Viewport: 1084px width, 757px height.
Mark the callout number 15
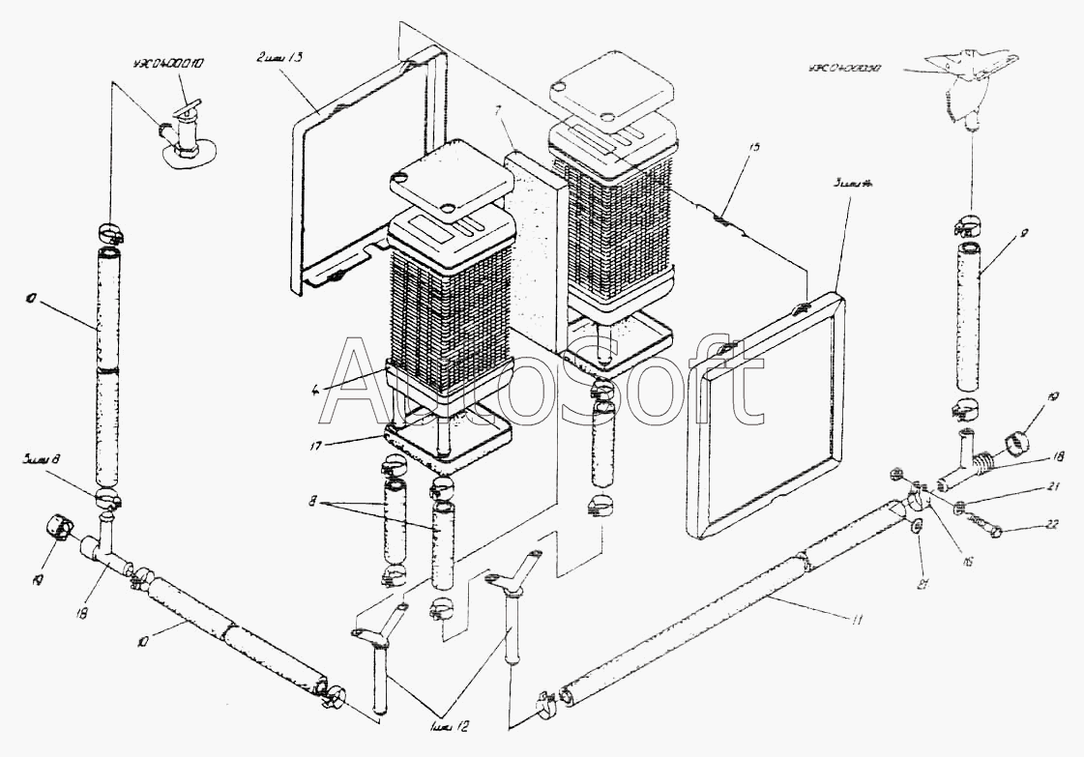click(x=754, y=147)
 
